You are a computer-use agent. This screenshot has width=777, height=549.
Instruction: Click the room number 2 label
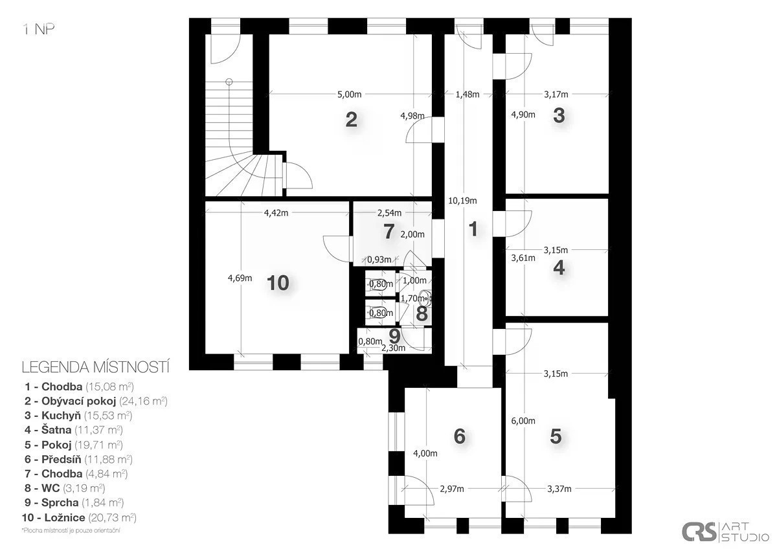(x=351, y=120)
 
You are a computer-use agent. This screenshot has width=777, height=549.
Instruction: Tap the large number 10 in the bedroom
(x=278, y=283)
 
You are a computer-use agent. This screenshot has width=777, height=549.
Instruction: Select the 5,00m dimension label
(x=349, y=95)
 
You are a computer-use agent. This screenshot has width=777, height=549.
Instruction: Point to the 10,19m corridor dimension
(x=462, y=201)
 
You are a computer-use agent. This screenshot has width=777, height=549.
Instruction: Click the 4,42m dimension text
(x=276, y=213)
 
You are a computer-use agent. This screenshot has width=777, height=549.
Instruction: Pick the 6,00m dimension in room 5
(x=523, y=421)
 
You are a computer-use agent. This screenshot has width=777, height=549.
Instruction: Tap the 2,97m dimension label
(x=452, y=489)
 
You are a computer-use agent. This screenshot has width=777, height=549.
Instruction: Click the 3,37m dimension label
(x=559, y=489)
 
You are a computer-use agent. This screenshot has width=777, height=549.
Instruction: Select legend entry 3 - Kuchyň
(x=78, y=416)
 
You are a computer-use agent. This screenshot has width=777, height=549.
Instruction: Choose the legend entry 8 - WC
(x=65, y=488)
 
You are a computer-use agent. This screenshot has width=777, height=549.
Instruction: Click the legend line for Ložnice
(x=79, y=517)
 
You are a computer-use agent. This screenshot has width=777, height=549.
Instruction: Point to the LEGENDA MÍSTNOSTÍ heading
(x=95, y=368)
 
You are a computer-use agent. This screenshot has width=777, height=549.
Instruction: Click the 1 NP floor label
(x=38, y=30)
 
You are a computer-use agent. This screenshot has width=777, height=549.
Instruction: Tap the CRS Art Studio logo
(x=725, y=532)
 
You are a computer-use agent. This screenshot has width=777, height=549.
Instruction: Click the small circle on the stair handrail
(x=229, y=82)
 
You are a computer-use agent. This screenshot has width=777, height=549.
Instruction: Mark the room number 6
(x=460, y=436)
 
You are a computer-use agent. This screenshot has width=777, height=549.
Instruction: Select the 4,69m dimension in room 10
(x=240, y=278)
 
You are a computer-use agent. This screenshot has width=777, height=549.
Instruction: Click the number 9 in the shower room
(x=395, y=336)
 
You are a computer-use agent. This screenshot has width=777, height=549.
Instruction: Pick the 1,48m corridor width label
(x=467, y=95)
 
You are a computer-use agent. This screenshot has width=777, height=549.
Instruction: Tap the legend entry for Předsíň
(x=78, y=459)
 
